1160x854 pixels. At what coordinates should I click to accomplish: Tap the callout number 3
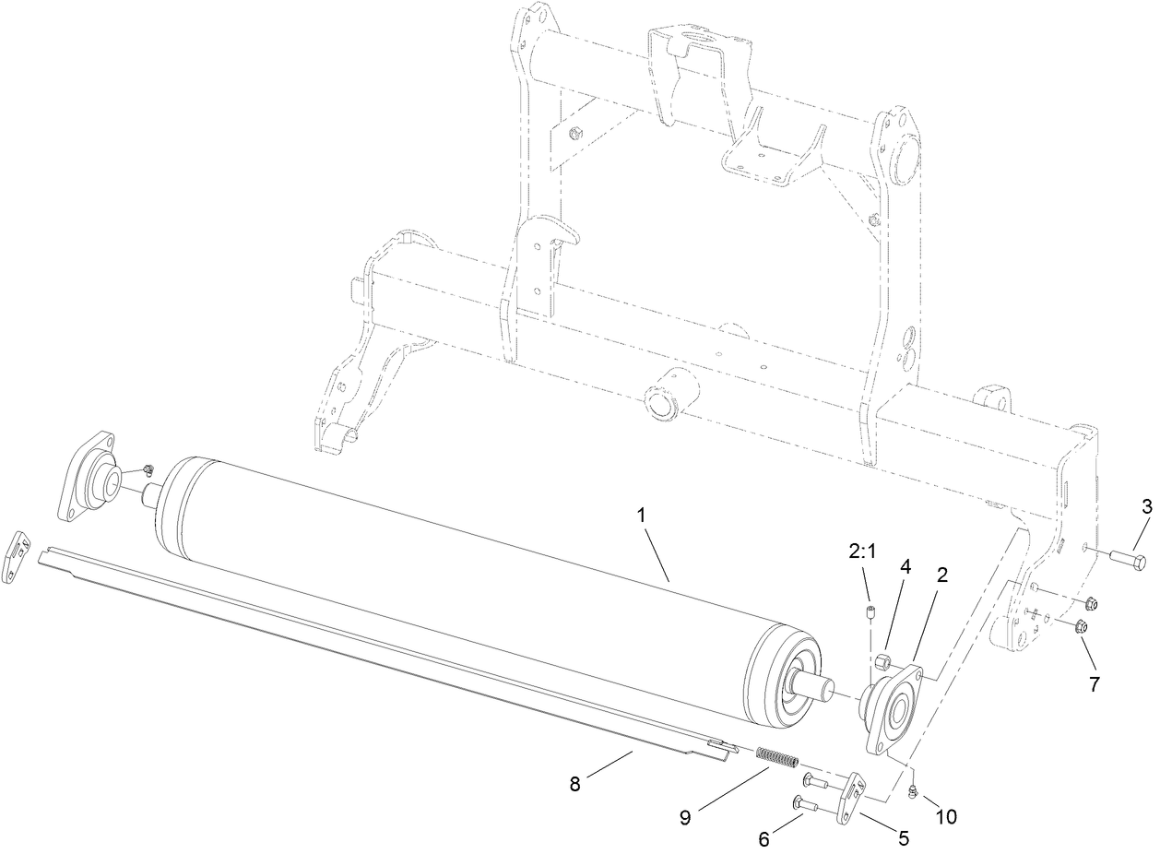pos(1146,505)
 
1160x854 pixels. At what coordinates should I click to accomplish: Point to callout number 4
pos(906,568)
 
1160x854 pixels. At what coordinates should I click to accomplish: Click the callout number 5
pos(903,837)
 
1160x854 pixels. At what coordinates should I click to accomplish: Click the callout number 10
pos(947,817)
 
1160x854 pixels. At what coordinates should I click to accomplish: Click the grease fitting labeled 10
pos(911,789)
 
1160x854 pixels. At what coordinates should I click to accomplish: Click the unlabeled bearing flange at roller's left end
pos(92,484)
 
